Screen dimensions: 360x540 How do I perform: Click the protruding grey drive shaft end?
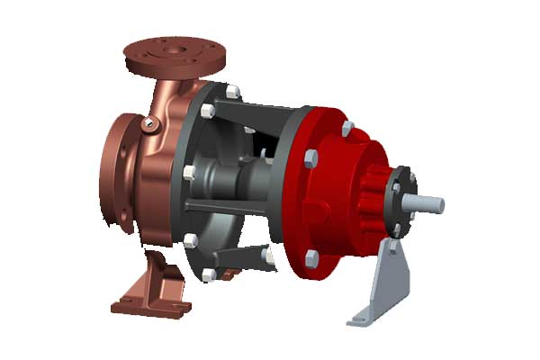[430, 202]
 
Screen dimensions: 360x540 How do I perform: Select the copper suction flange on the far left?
[114, 175]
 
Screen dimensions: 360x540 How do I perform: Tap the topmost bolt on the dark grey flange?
[232, 92]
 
